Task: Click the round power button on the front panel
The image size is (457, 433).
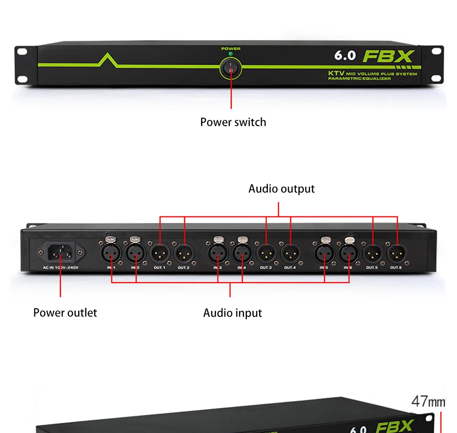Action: [231, 69]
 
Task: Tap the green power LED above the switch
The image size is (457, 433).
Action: [231, 54]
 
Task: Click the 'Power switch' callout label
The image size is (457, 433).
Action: [233, 122]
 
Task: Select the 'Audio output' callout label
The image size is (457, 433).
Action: [282, 189]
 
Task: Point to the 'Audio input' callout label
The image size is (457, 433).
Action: [233, 313]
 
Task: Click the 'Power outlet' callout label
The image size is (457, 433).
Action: [65, 313]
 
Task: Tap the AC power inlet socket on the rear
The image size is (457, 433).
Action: [61, 252]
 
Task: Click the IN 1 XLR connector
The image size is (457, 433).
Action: [111, 253]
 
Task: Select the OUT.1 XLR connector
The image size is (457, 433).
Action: [159, 253]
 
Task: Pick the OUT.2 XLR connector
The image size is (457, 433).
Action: [184, 253]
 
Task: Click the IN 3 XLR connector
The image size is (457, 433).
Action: [218, 253]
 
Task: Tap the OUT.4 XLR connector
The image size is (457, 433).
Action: [290, 253]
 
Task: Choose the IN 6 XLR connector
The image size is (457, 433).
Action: [349, 253]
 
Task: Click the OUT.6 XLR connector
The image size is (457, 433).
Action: [396, 253]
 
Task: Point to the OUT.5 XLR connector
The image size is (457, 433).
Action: [372, 253]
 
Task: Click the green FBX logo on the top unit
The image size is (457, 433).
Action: [388, 56]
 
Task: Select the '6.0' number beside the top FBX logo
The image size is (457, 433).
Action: [345, 55]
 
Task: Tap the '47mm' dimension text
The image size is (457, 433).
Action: [428, 401]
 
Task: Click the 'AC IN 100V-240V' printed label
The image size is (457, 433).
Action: [61, 267]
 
